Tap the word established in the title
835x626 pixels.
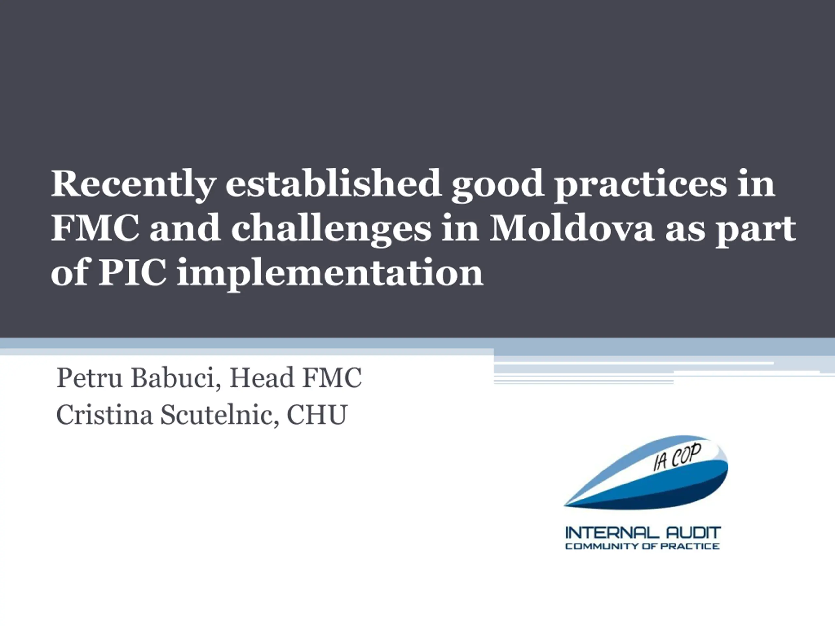(x=333, y=183)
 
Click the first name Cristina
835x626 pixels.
(x=105, y=415)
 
